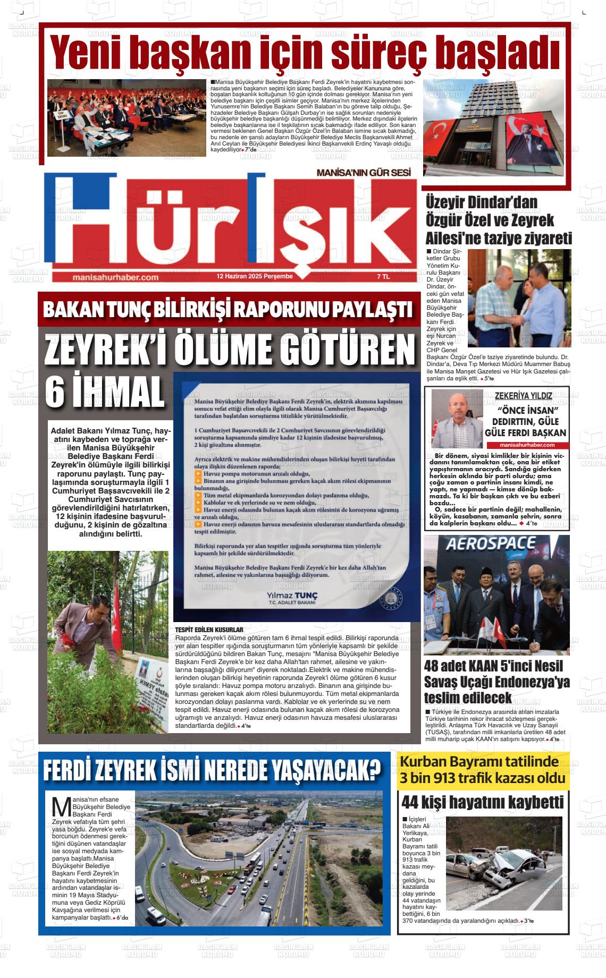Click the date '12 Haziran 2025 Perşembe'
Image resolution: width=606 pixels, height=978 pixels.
tap(255, 277)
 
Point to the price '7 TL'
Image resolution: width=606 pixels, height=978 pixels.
tap(383, 277)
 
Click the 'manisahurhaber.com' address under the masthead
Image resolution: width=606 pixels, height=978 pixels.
tap(115, 277)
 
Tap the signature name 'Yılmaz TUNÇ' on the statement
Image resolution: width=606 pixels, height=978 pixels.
tap(292, 596)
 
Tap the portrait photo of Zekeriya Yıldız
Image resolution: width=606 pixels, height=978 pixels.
tap(457, 419)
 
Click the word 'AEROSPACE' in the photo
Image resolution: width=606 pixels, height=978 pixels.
tap(490, 544)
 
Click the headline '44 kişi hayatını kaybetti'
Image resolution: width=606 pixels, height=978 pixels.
tap(482, 802)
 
